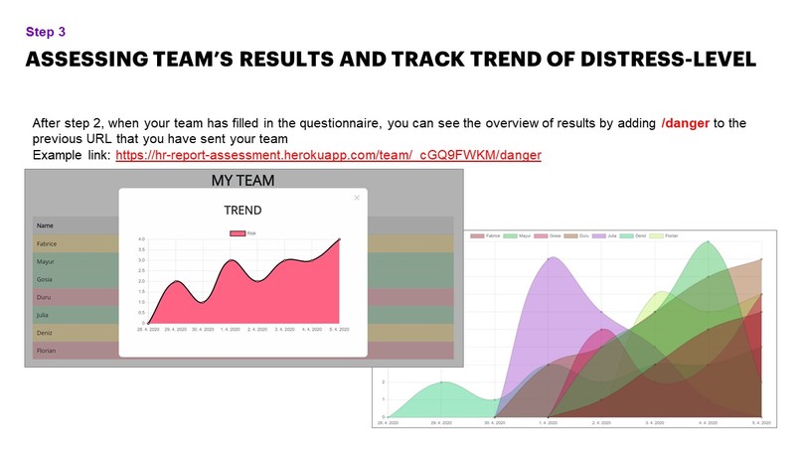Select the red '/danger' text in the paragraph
click(687, 122)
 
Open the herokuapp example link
click(328, 157)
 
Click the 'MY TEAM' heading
click(242, 181)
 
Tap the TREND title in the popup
click(242, 211)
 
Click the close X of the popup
click(357, 198)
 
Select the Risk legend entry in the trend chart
click(244, 232)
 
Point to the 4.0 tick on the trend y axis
click(141, 239)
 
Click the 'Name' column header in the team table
click(45, 225)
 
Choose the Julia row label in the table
click(44, 315)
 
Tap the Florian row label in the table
click(47, 350)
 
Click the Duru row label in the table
click(44, 297)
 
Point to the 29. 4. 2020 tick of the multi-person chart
click(442, 422)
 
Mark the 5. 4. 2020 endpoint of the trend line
click(340, 239)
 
